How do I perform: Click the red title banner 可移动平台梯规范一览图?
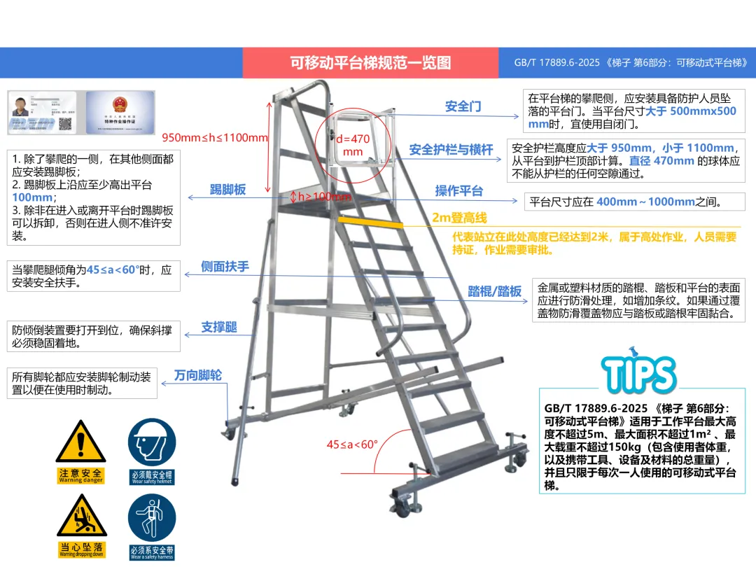370,62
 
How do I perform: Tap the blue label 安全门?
463,106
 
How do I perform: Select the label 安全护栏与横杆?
451,149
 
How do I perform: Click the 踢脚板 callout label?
227,190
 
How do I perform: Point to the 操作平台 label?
459,190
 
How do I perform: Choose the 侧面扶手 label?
225,267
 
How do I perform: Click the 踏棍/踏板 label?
495,292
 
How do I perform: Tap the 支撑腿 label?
219,327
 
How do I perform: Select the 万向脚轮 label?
198,375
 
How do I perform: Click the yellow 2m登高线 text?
459,218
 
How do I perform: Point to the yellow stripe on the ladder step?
370,222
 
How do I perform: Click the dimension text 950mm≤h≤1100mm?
215,137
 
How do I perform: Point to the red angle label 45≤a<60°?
352,444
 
